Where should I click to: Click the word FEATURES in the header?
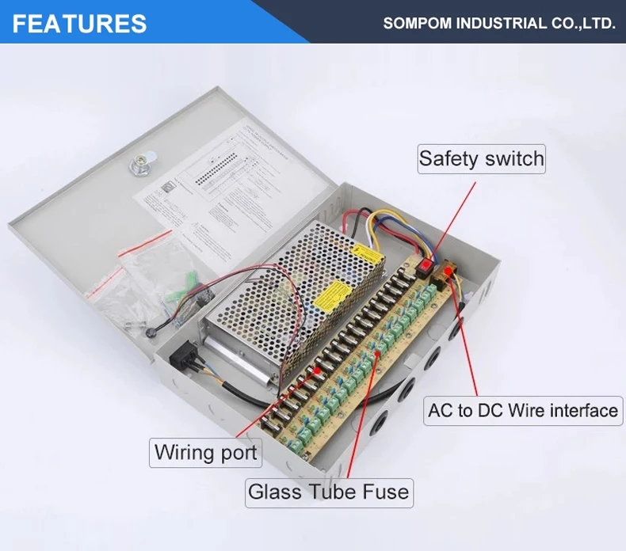tap(79, 23)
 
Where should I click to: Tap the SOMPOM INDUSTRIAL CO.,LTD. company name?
tap(499, 23)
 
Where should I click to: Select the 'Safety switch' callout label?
tap(482, 159)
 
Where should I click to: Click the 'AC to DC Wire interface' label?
tap(523, 411)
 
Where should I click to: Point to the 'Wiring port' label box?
tap(206, 453)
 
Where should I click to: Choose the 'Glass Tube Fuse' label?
tap(329, 492)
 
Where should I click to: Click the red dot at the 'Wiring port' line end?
tap(318, 369)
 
